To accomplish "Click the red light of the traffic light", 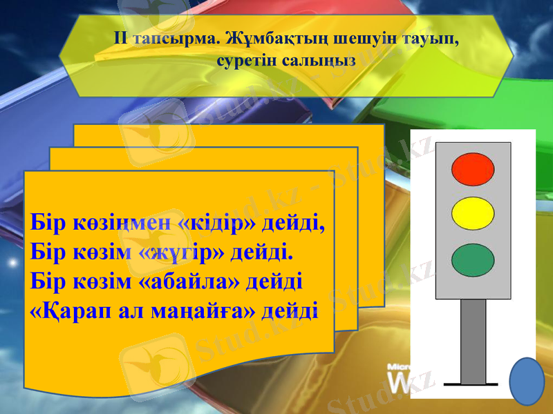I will [473, 169].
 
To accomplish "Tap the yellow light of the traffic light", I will [473, 213].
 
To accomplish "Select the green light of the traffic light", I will [473, 259].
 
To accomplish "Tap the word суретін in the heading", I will [246, 60].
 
